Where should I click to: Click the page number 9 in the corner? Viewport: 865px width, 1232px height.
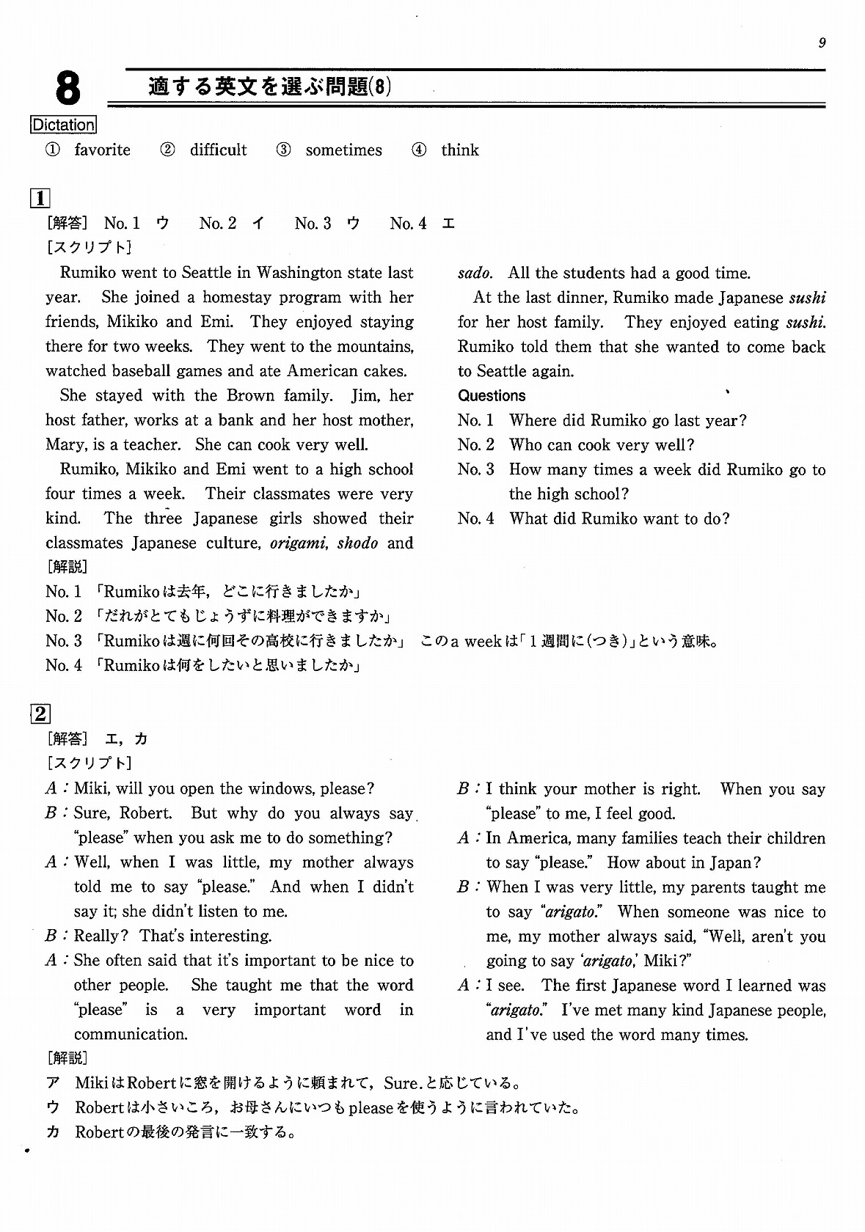click(822, 43)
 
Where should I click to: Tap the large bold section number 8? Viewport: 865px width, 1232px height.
click(67, 89)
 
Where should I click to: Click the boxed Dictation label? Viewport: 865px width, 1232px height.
click(64, 125)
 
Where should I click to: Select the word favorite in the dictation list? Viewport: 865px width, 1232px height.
click(103, 150)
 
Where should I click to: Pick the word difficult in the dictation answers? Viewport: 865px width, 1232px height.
click(219, 150)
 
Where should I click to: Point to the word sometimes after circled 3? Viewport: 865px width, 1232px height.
click(343, 150)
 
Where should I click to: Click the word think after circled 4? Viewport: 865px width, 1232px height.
click(460, 150)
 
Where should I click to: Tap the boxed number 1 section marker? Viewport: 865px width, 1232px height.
click(40, 199)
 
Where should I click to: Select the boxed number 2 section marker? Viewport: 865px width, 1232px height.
click(40, 714)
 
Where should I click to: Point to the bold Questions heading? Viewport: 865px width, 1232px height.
click(492, 396)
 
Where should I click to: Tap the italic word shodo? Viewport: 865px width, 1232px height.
click(358, 543)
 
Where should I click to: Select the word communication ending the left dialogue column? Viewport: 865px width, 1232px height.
click(130, 1035)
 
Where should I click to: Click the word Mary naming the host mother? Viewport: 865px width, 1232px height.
click(64, 445)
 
